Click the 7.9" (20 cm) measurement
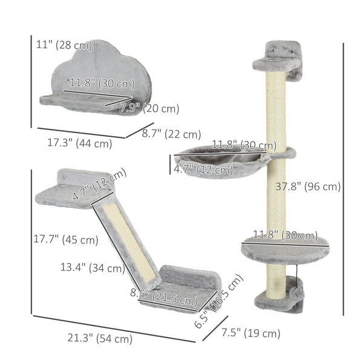click(149, 108)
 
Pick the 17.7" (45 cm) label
click(66, 240)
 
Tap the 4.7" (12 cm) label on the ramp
click(100, 185)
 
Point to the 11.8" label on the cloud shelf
click(102, 83)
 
